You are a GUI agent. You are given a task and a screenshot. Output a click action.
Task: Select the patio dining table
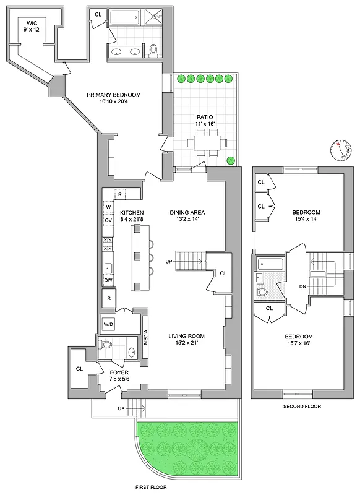coord(205,147)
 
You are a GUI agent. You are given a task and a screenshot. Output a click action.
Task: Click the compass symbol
coord(340,148)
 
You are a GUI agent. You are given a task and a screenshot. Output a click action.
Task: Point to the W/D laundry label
coord(108,324)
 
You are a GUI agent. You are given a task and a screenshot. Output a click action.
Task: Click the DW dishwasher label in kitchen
coord(108,280)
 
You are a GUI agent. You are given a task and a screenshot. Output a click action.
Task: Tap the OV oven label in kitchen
coord(108,220)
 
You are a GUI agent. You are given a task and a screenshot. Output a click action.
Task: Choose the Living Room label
coord(186,340)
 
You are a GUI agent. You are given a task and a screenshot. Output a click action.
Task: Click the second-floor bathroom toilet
coord(263,291)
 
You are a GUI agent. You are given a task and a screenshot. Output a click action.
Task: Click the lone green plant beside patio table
coord(231,161)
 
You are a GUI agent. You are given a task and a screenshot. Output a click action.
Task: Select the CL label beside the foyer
coord(79,369)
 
